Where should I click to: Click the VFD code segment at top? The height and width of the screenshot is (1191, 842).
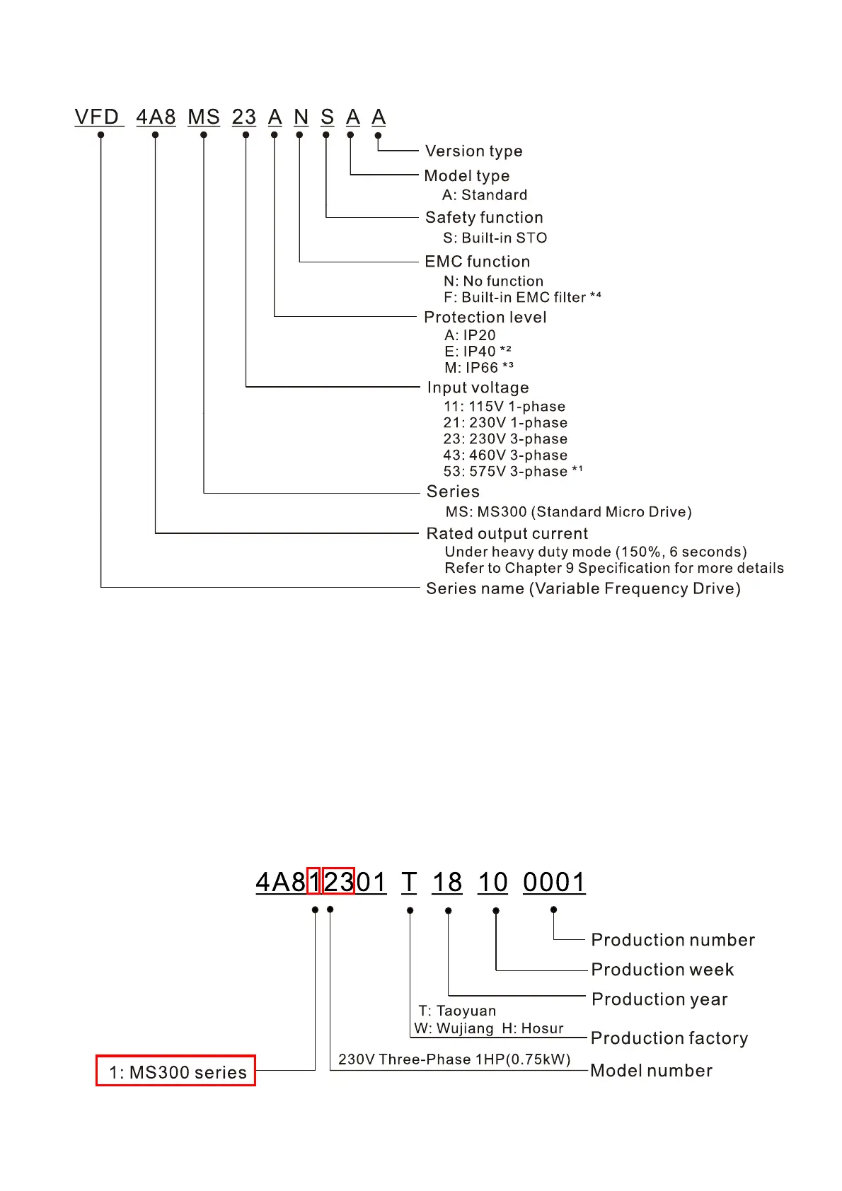coord(98,117)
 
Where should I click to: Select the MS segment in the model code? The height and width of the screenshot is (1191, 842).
coord(204,117)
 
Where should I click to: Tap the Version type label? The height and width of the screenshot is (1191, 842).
coord(473,151)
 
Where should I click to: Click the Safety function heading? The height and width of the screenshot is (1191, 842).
coord(484,217)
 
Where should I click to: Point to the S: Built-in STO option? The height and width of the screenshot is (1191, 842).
coord(495,238)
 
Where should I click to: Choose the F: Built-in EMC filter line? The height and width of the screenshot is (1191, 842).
coord(522,297)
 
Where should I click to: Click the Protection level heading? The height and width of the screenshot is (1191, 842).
coord(485,317)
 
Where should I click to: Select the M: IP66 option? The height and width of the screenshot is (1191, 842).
coord(478,368)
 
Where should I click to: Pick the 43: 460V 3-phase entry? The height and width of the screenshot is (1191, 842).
coord(505,455)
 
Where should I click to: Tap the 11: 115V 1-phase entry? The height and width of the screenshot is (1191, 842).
coord(504,406)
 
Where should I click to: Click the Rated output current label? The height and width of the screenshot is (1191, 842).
coord(507,533)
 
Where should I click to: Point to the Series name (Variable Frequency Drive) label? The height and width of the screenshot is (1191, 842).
coord(583,588)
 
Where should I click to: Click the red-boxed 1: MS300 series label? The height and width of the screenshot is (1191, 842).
coord(176,1071)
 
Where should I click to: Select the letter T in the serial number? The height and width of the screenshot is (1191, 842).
coord(409,882)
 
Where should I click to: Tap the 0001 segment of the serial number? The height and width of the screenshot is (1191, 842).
coord(554,882)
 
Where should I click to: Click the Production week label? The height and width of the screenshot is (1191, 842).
coord(662,969)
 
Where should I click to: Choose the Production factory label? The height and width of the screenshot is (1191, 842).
coord(669,1038)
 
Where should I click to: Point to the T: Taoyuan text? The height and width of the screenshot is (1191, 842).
coord(457,1011)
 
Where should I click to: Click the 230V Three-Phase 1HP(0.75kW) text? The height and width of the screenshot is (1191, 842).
coord(454,1059)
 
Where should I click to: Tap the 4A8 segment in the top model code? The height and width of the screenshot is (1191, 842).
coord(156,117)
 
